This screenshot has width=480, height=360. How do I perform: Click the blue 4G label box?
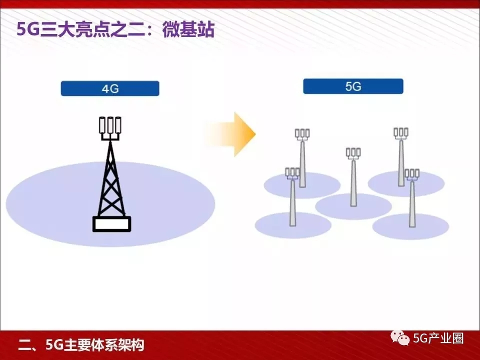(x=110, y=88)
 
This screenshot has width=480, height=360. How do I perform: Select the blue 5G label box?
(x=353, y=86)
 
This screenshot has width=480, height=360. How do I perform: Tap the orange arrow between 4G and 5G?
(x=232, y=134)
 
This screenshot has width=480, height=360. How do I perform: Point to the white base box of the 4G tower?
(x=111, y=224)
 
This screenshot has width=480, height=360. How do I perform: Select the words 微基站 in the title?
(x=188, y=29)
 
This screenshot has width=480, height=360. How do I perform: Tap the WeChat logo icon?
(x=400, y=338)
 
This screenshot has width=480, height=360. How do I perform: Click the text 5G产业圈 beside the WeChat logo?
(x=438, y=338)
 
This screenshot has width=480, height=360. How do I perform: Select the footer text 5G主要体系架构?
(x=95, y=345)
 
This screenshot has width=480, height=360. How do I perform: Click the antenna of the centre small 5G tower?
(x=353, y=153)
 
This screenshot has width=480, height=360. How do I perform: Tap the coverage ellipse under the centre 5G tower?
(x=353, y=206)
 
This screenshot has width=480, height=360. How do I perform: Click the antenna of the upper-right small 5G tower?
(x=400, y=133)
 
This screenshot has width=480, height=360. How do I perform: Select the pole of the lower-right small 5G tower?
(x=412, y=204)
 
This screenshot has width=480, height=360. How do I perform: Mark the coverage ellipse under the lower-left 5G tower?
(x=293, y=225)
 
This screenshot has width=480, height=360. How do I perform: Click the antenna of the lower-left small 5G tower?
(x=292, y=173)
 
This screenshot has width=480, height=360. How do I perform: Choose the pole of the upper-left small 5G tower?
(x=302, y=164)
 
